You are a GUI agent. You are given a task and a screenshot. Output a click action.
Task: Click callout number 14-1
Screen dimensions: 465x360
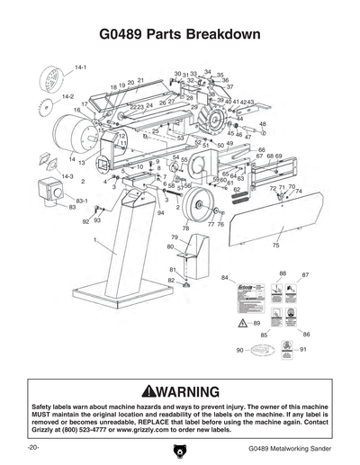tap(80, 67)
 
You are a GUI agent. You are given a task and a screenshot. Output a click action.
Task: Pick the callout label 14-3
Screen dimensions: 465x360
tap(66, 176)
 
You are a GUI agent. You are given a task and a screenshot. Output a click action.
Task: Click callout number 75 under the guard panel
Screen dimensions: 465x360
tap(275, 244)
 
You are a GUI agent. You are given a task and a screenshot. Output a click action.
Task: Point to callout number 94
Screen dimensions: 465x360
tap(160, 213)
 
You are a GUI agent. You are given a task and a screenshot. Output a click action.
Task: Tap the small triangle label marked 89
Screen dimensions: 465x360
tap(245, 322)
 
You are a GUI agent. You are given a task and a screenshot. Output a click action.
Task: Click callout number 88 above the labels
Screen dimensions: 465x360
tap(283, 273)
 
